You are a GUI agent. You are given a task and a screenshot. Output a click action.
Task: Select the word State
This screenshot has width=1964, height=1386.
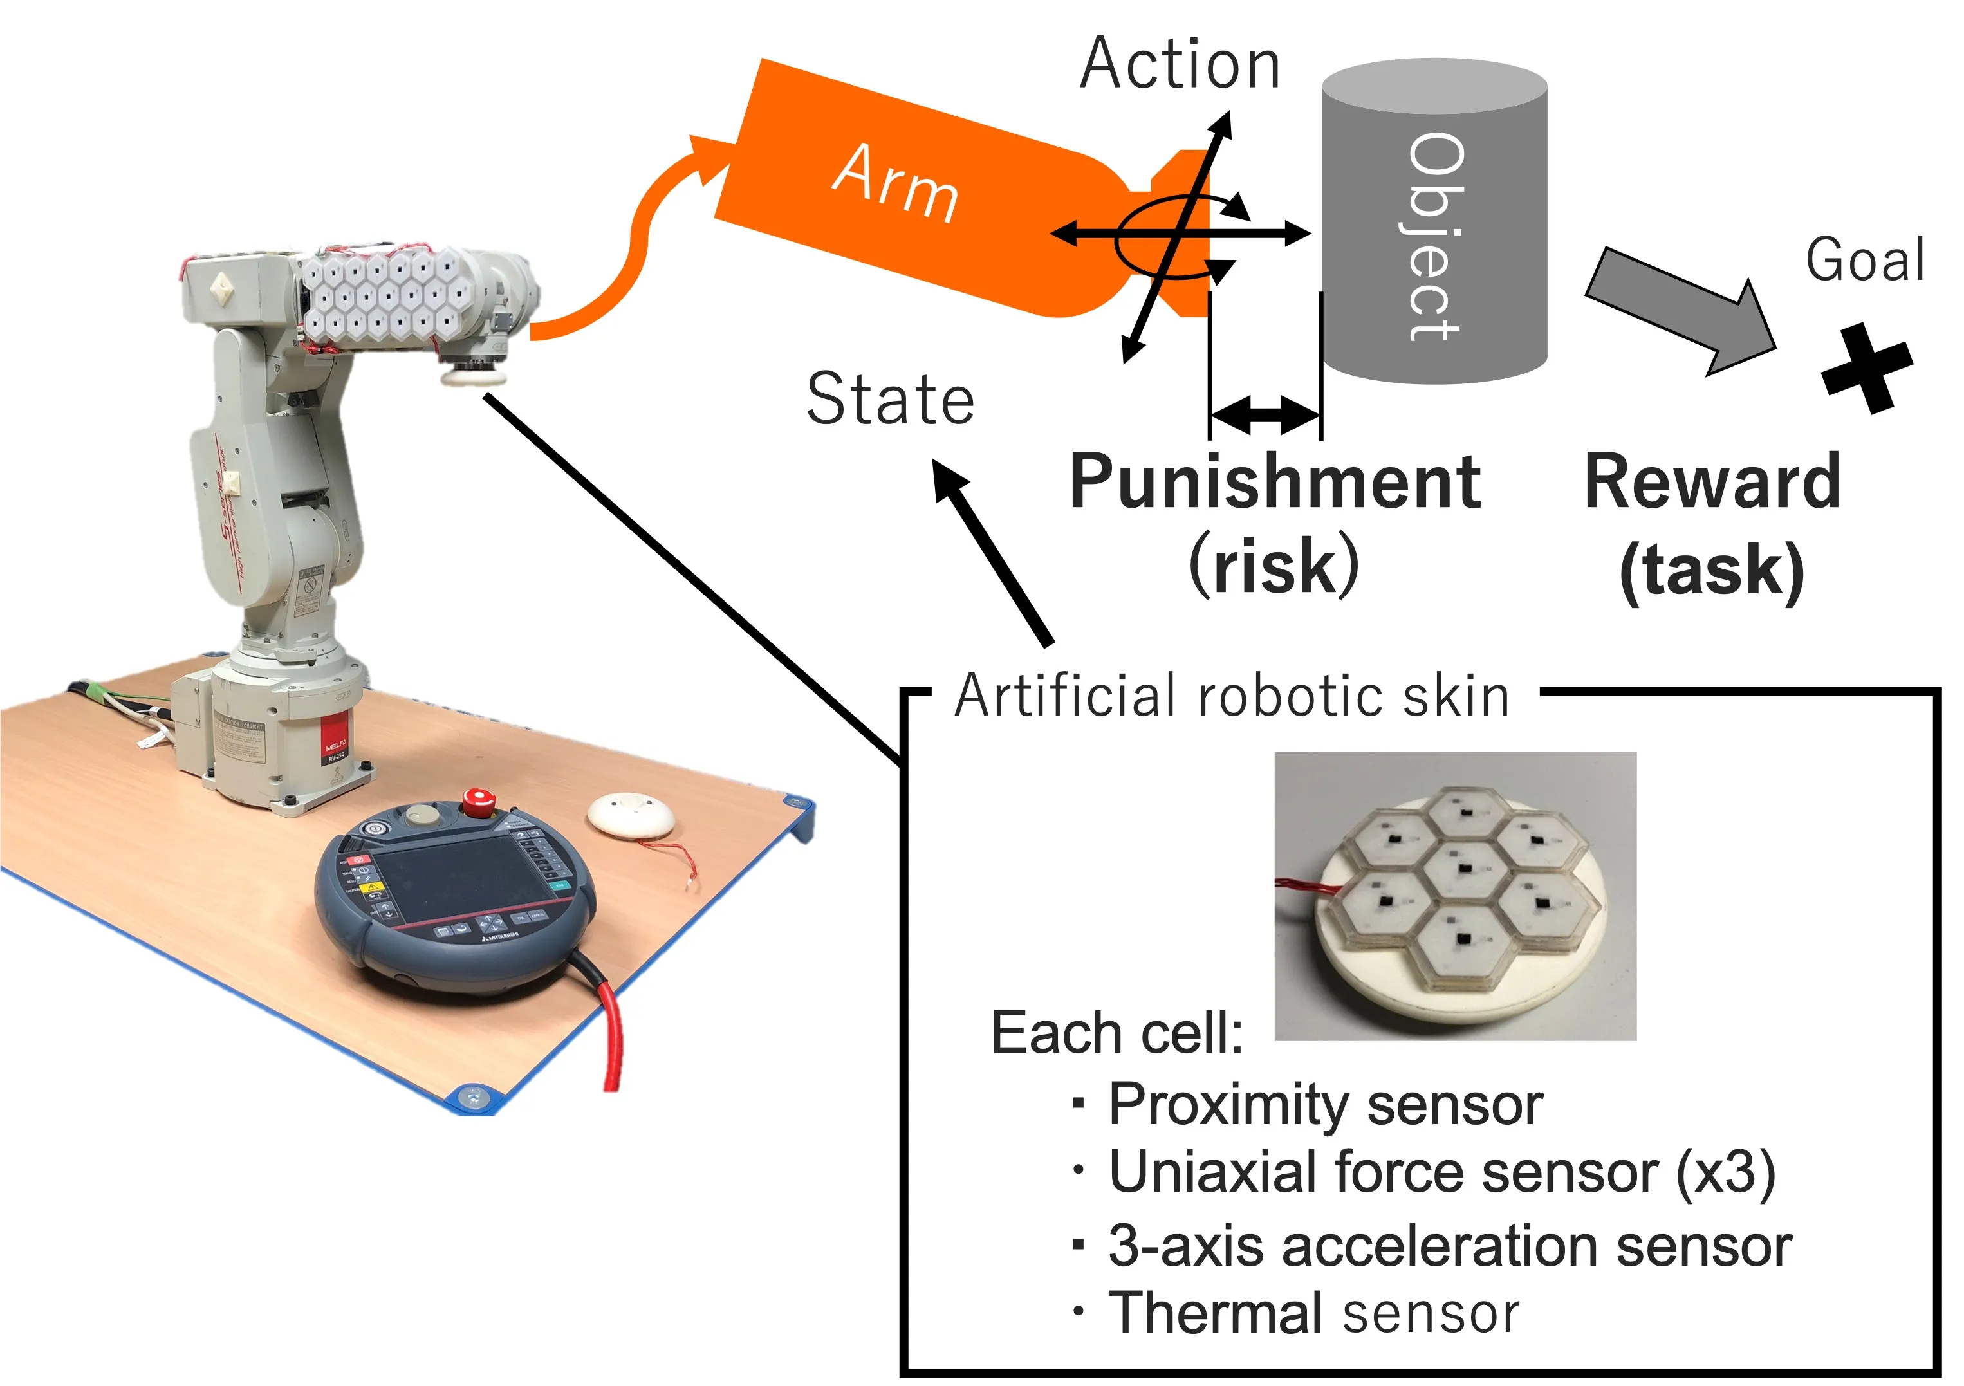[x=889, y=399]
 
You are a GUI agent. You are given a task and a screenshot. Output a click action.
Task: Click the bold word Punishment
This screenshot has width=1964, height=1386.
[x=1275, y=483]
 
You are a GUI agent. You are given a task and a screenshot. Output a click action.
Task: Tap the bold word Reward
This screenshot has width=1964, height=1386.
[x=1712, y=483]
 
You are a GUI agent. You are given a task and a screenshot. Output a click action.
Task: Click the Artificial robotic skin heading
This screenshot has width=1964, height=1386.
[x=1232, y=696]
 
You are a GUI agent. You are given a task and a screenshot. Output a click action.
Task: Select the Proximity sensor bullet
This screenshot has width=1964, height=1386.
[x=1325, y=1105]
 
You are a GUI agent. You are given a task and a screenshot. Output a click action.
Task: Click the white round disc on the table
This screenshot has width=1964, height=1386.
[x=631, y=815]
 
